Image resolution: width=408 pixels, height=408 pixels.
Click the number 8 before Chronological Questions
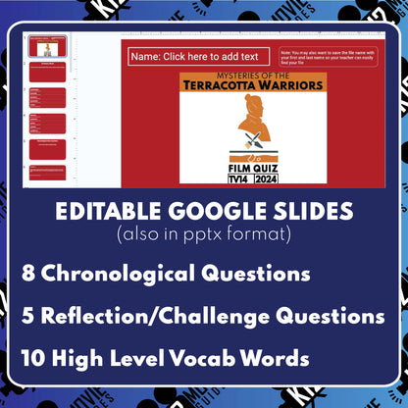(x=32, y=272)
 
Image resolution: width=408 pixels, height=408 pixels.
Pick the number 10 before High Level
(x=37, y=359)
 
